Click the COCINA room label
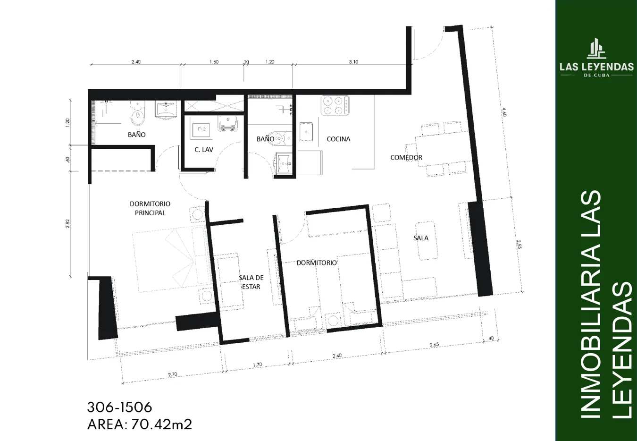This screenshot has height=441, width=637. (338, 139)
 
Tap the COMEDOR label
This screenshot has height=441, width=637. (406, 157)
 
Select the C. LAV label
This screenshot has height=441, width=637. (204, 150)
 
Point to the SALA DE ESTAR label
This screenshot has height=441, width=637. (251, 282)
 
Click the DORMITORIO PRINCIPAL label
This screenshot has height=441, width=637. (150, 208)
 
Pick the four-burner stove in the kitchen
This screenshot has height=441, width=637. (335, 105)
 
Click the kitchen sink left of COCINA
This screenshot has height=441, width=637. (306, 132)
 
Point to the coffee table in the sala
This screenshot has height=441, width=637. (426, 241)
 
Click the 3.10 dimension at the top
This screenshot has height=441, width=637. (353, 62)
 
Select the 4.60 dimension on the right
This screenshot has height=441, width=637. (504, 112)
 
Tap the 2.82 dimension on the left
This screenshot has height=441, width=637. (67, 223)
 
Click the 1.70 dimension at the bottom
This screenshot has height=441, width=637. (257, 365)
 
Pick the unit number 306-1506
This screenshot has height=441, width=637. (119, 407)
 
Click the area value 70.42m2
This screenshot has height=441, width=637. (161, 424)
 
